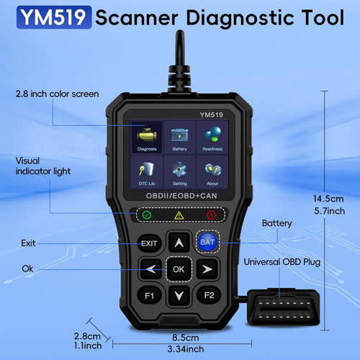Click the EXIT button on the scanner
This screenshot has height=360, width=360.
(149, 243)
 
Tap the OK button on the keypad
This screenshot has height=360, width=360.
(179, 269)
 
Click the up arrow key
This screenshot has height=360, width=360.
(179, 243)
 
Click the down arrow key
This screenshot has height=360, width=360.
(179, 295)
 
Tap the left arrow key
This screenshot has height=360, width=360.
(151, 269)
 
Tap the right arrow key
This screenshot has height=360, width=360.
(207, 269)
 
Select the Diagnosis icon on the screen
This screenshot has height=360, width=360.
(147, 138)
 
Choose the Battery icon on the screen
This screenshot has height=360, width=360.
(180, 138)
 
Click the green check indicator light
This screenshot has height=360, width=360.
(147, 215)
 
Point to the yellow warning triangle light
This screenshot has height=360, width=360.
(179, 215)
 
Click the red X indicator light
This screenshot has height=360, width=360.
(211, 215)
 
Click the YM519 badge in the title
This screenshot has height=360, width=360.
(54, 17)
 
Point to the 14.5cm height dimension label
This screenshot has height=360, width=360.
(328, 199)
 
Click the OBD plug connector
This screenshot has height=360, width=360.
(284, 308)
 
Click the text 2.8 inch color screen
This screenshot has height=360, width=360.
(57, 94)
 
